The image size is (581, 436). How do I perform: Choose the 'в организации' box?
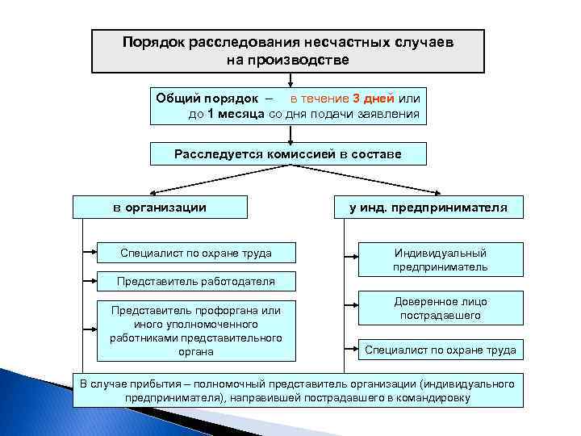159,208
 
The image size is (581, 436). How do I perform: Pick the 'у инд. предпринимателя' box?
428,208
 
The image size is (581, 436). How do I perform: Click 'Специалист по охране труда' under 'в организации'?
196,254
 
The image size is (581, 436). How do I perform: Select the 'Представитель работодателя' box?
196,282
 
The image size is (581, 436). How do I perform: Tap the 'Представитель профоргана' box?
196,330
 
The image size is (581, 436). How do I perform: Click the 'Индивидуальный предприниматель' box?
441,259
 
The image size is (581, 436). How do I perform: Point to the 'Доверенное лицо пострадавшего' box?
441,308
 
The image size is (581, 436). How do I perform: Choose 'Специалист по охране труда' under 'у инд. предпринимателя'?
441,350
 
